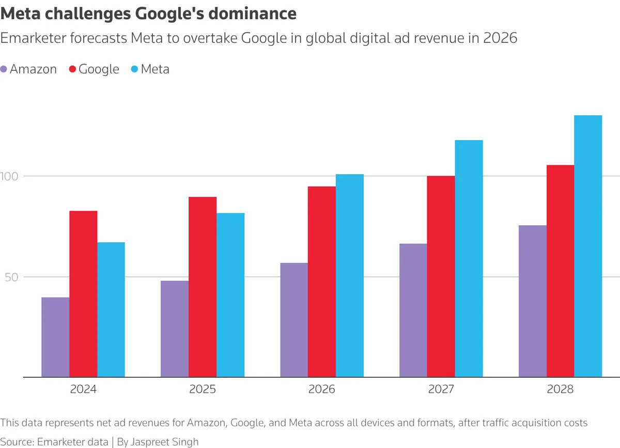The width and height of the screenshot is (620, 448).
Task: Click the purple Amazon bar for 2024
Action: pyautogui.click(x=55, y=337)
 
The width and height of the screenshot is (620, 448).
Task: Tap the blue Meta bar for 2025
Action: pyautogui.click(x=230, y=295)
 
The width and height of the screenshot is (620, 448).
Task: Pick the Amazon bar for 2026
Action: pyautogui.click(x=294, y=320)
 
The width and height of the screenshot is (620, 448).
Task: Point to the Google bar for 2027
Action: pyautogui.click(x=441, y=276)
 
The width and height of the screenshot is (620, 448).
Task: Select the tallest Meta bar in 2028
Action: pyautogui.click(x=588, y=246)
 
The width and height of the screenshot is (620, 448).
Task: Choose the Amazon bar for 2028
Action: pyautogui.click(x=533, y=301)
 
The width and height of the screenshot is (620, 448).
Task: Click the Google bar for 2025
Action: pyautogui.click(x=203, y=287)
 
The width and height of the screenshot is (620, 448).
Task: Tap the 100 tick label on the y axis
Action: pyautogui.click(x=11, y=176)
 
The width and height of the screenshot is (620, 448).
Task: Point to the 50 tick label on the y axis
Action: pyautogui.click(x=11, y=276)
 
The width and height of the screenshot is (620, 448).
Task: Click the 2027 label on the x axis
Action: pyautogui.click(x=441, y=389)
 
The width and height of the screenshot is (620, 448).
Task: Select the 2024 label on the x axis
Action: pyautogui.click(x=83, y=389)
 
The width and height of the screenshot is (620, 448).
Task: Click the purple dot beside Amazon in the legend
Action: pyautogui.click(x=4, y=69)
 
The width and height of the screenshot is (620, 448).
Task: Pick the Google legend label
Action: pyautogui.click(x=99, y=69)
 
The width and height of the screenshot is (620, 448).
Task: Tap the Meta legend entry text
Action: pyautogui.click(x=155, y=69)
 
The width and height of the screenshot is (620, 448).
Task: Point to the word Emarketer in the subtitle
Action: pyautogui.click(x=36, y=38)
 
